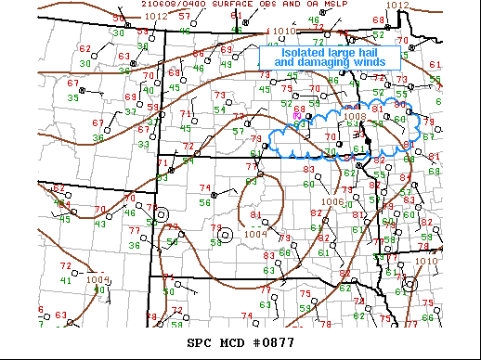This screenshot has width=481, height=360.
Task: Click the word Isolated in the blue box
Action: click(303, 53)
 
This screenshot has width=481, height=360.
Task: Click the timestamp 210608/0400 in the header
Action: click(171, 4)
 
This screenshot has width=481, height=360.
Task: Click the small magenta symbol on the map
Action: click(297, 115)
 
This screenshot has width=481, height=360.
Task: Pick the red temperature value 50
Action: click(118, 19)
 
